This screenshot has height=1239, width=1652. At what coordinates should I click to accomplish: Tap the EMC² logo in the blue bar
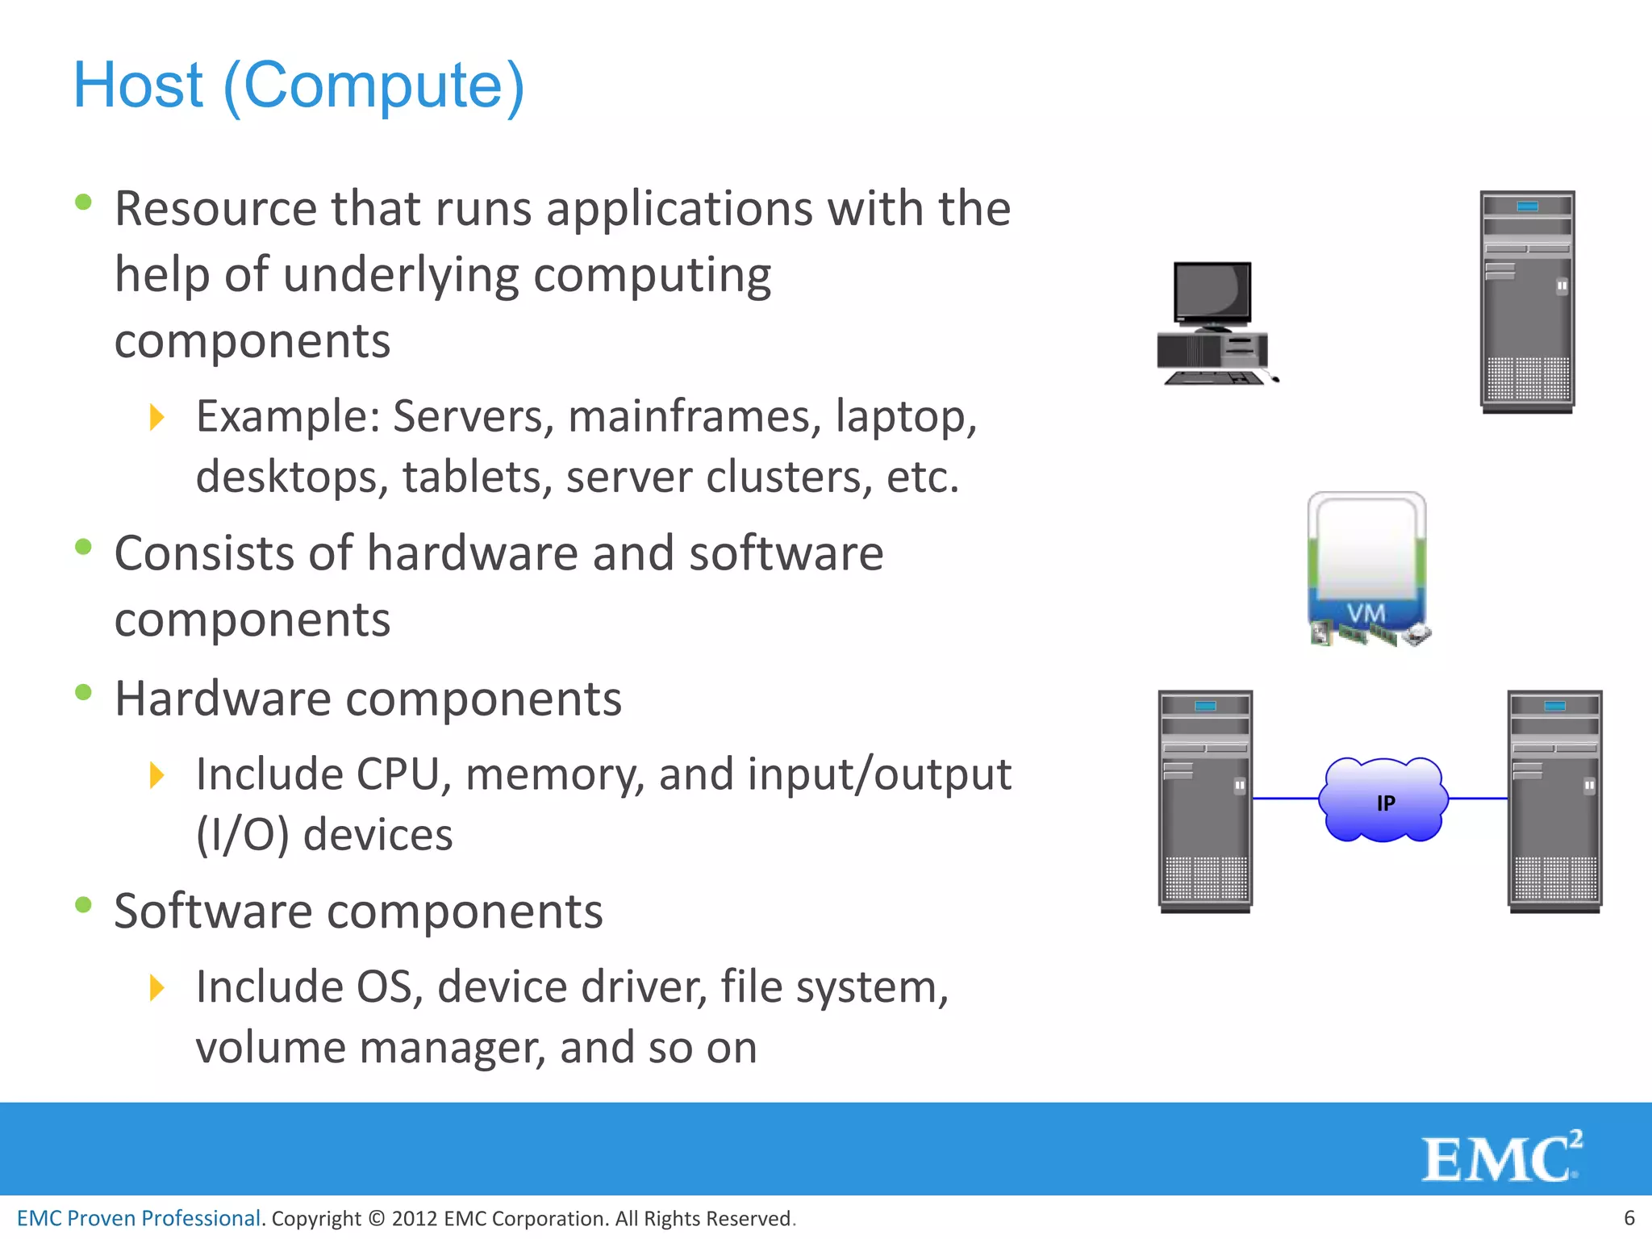pos(1500,1157)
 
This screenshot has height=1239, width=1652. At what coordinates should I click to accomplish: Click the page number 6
pos(1629,1217)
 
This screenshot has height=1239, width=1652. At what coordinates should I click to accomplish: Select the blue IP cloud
pos(1383,800)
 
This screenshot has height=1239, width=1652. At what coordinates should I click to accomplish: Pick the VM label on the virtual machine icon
pos(1366,613)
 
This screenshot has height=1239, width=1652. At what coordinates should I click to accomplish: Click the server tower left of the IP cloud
pos(1205,800)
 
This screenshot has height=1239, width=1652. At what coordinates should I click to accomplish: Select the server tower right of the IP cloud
pos(1554,800)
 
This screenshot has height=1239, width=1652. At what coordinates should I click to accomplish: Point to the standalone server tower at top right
pos(1527,301)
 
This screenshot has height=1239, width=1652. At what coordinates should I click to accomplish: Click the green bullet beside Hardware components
pos(83,692)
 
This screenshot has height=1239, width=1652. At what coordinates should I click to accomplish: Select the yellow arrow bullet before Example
pos(157,417)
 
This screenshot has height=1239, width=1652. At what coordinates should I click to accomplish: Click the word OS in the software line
pos(385,987)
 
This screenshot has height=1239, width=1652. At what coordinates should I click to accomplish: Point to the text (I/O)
pos(242,835)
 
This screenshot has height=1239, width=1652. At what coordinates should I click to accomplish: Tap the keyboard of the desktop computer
pos(1214,378)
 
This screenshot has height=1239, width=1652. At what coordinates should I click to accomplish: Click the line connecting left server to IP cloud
pos(1285,799)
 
